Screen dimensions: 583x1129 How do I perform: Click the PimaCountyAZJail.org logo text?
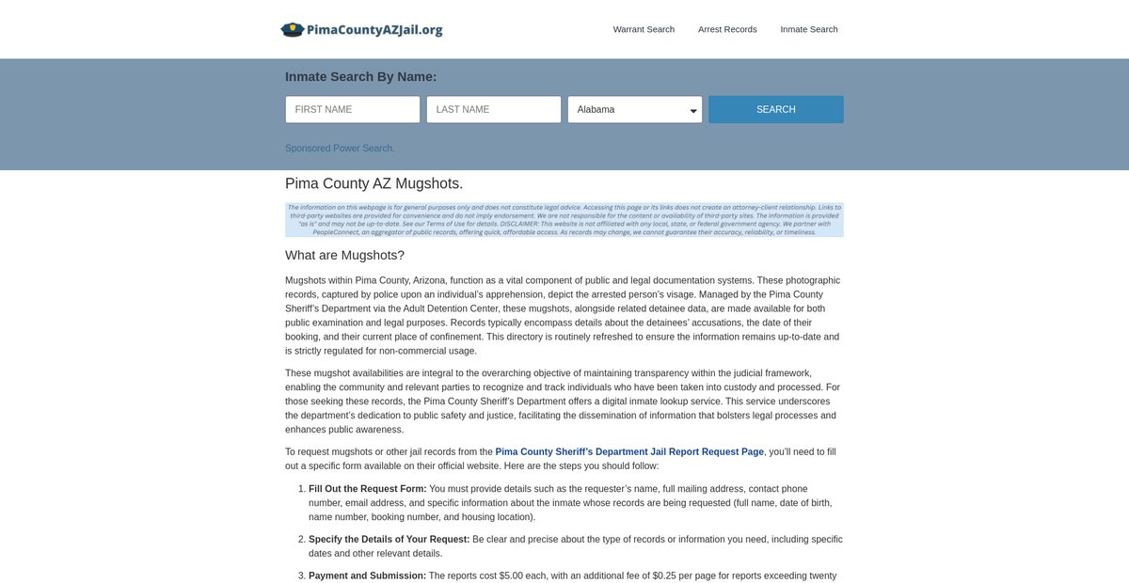pyautogui.click(x=374, y=29)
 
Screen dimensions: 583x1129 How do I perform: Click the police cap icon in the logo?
pyautogui.click(x=293, y=29)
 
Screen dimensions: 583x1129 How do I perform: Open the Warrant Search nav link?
pyautogui.click(x=644, y=29)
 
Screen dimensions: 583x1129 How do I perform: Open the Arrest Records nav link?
pyautogui.click(x=727, y=29)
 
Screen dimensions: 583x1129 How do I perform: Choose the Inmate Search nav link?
pyautogui.click(x=809, y=29)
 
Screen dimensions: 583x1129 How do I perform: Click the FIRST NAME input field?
pyautogui.click(x=353, y=109)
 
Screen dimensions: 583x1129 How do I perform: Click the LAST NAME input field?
pyautogui.click(x=494, y=109)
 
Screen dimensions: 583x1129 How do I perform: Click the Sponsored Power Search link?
pyautogui.click(x=340, y=149)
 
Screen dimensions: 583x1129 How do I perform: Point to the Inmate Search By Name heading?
pyautogui.click(x=360, y=77)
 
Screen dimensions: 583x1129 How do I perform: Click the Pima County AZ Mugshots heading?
pyautogui.click(x=374, y=183)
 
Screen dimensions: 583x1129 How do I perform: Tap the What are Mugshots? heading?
pyautogui.click(x=344, y=255)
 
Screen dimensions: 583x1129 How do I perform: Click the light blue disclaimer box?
pyautogui.click(x=564, y=219)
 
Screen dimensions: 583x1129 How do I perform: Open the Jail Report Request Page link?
pyautogui.click(x=629, y=452)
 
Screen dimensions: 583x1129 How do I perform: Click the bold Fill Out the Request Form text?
pyautogui.click(x=368, y=489)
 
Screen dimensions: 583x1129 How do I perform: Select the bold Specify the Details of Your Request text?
pyautogui.click(x=389, y=540)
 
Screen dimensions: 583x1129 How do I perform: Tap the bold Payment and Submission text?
pyautogui.click(x=367, y=575)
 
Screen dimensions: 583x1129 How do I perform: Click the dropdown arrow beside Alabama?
pyautogui.click(x=693, y=111)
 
